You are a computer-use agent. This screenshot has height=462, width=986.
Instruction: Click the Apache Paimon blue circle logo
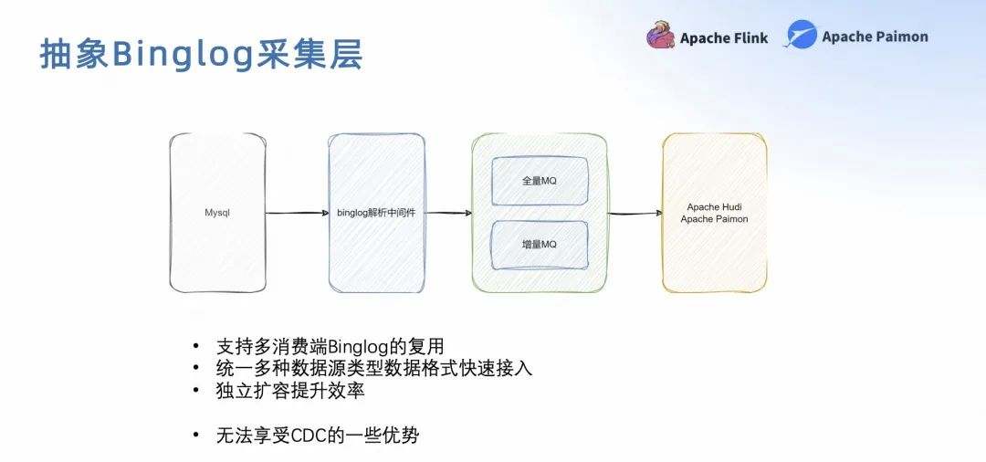click(x=802, y=36)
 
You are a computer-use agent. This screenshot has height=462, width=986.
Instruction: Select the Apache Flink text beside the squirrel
click(x=724, y=38)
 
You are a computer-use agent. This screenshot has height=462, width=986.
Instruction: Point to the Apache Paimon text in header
click(x=875, y=37)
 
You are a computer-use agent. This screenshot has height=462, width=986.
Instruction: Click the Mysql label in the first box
click(x=217, y=213)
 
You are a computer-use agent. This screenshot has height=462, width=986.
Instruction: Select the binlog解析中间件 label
click(x=376, y=213)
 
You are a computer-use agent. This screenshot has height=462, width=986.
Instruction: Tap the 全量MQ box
click(x=539, y=181)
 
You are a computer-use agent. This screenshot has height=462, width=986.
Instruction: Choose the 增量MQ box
click(x=539, y=245)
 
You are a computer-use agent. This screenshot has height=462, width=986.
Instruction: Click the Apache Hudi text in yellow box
click(x=714, y=207)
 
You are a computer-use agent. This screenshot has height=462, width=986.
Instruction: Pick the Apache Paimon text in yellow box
click(x=714, y=219)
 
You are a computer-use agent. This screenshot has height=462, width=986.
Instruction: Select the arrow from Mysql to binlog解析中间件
click(x=297, y=213)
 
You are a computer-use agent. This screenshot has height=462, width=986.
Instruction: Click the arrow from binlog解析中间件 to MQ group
click(x=448, y=213)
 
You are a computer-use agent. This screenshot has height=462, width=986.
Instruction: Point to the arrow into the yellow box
click(x=635, y=213)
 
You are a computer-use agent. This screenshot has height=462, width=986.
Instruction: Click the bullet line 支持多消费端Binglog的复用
click(x=330, y=346)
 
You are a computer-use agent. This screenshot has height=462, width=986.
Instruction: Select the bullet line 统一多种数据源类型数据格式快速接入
click(x=373, y=368)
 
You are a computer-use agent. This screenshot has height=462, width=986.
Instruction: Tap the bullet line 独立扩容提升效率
click(x=290, y=390)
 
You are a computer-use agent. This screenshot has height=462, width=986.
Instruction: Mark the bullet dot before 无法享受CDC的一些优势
click(x=194, y=436)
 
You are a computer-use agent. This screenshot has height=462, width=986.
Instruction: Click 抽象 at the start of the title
click(x=75, y=54)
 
